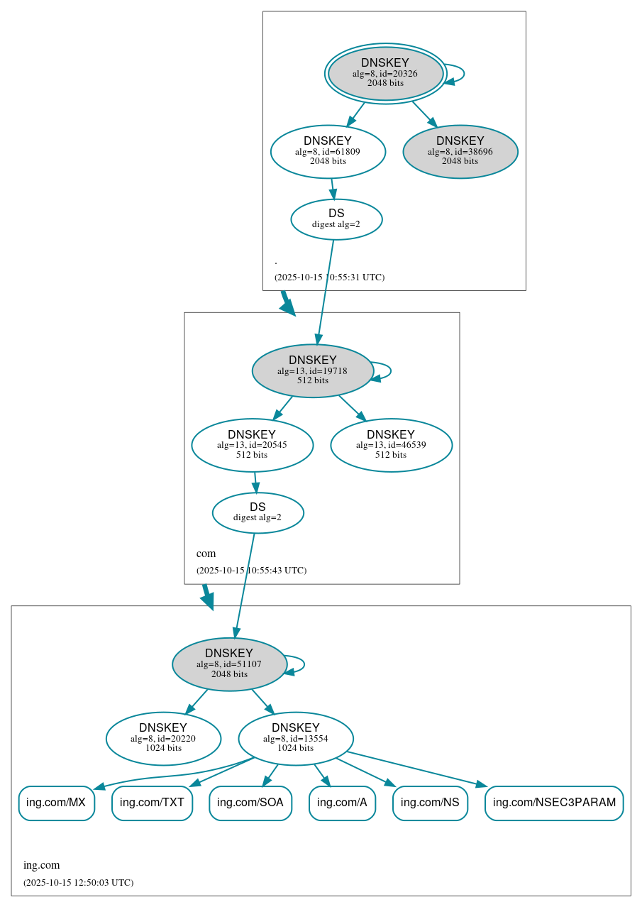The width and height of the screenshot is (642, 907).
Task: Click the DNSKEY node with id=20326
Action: [385, 73]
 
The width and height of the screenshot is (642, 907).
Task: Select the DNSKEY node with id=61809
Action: [328, 151]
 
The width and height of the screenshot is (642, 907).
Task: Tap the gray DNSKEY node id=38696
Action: [460, 151]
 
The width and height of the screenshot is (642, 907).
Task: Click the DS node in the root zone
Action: [336, 219]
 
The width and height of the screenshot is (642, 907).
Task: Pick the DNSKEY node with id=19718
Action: [312, 370]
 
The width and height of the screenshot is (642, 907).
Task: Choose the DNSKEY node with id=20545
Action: [252, 445]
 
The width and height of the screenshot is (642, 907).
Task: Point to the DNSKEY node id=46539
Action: [391, 445]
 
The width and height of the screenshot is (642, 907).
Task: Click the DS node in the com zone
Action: [258, 512]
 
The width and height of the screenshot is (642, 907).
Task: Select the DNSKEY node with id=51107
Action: [229, 664]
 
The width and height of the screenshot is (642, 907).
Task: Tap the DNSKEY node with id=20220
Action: [163, 738]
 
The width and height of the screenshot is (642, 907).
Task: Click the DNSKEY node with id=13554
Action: [295, 738]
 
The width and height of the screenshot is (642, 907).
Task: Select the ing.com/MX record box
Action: [56, 803]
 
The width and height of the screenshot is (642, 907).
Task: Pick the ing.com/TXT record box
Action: [152, 803]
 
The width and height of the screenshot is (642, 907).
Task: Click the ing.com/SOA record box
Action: [250, 803]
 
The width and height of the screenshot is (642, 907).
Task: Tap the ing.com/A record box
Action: [342, 803]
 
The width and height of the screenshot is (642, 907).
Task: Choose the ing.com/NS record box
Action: [430, 803]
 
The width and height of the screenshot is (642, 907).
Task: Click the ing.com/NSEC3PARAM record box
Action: [553, 803]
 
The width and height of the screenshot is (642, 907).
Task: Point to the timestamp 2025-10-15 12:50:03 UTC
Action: [78, 883]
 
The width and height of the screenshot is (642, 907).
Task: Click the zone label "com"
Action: [206, 554]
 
